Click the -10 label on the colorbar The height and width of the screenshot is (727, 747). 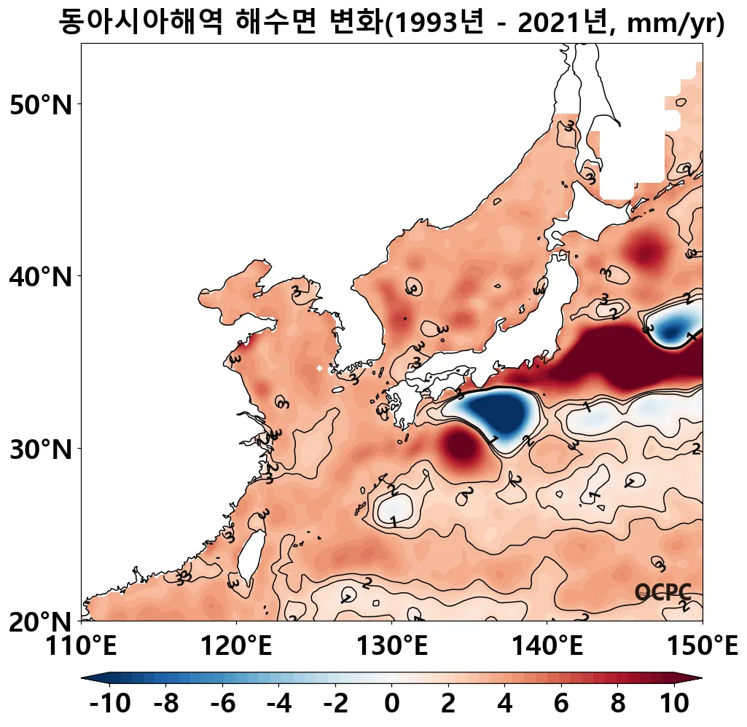click(110, 704)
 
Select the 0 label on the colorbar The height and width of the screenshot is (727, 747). click(392, 704)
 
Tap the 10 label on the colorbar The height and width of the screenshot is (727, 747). click(673, 704)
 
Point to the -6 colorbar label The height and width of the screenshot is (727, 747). click(222, 704)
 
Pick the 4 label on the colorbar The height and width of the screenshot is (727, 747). click(505, 704)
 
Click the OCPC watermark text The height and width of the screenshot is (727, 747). click(662, 592)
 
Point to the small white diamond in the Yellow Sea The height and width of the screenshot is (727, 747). click(319, 368)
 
